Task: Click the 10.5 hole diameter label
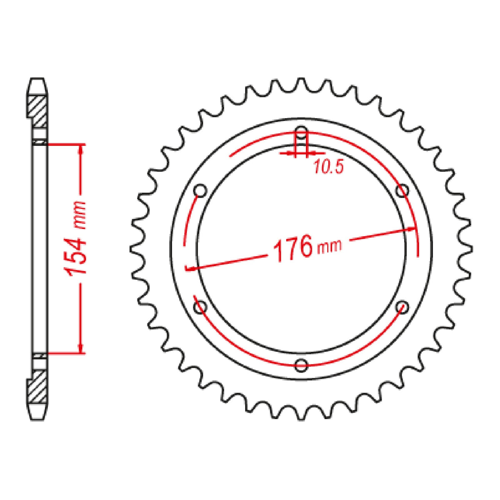pos(328,167)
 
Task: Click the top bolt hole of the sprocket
pos(301,132)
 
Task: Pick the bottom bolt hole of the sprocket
pos(301,365)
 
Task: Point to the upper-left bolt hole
pos(200,191)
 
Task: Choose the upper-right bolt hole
pos(402,191)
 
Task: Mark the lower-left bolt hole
pos(200,307)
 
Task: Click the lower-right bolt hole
pos(402,307)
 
